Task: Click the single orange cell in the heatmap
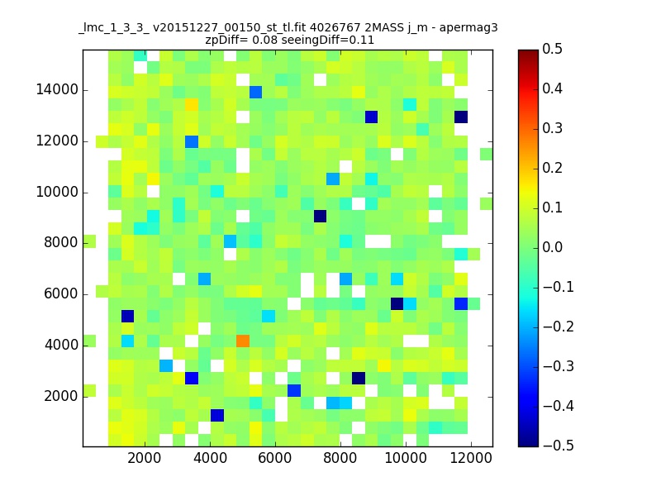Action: click(243, 341)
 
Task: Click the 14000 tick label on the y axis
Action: click(57, 89)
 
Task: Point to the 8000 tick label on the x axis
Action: click(340, 458)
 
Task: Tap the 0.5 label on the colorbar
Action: click(552, 49)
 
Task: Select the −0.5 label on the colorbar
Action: click(559, 446)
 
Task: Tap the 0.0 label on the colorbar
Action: click(552, 247)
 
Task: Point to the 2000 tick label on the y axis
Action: click(60, 396)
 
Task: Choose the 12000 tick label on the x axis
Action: click(471, 458)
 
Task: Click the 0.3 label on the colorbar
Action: click(552, 128)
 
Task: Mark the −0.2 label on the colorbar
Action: click(559, 327)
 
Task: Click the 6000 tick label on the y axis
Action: click(60, 293)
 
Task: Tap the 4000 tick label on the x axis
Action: click(210, 458)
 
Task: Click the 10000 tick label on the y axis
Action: click(57, 192)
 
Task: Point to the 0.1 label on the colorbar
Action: click(552, 207)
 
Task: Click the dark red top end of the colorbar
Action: click(528, 53)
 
